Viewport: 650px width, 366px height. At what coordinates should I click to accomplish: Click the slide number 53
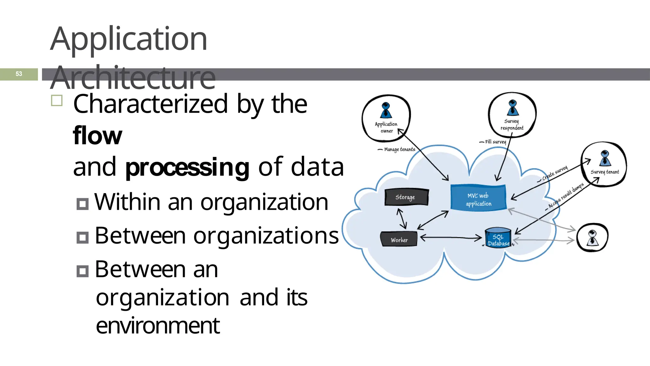[19, 74]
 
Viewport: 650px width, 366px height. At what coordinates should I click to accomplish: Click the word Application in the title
[129, 39]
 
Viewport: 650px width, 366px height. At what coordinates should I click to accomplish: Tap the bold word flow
[97, 136]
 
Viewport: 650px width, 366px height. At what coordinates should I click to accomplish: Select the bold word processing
[187, 167]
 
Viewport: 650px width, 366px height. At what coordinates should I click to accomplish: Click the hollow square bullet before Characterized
[57, 101]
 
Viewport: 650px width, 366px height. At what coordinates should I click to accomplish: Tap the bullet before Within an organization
[83, 204]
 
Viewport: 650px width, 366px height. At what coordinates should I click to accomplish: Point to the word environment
[158, 326]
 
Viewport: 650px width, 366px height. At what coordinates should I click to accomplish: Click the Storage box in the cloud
[406, 197]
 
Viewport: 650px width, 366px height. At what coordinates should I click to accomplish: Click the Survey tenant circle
[604, 164]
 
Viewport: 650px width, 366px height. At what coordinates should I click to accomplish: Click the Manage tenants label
[399, 149]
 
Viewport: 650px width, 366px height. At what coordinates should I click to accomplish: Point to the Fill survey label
[495, 142]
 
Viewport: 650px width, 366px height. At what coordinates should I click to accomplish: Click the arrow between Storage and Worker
[402, 219]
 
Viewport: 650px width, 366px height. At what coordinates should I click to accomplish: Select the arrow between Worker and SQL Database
[451, 237]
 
